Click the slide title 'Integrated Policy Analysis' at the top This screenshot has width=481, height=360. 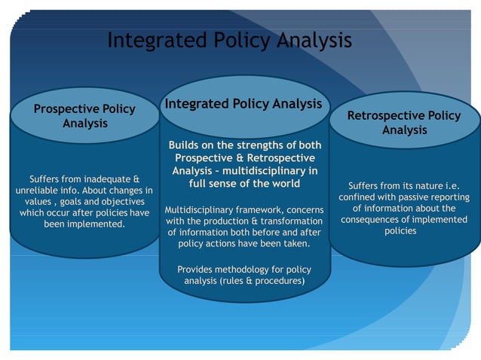[229, 40]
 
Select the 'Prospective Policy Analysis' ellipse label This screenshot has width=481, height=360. [84, 116]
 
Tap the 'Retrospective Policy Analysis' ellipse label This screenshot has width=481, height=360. [404, 123]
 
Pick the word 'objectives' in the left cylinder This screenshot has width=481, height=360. [118, 202]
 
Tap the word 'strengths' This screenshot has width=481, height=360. [254, 145]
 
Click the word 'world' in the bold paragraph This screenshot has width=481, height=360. [283, 183]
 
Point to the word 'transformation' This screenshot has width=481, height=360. [289, 221]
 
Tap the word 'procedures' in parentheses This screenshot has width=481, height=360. [275, 281]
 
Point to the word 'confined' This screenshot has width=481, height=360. [359, 197]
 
